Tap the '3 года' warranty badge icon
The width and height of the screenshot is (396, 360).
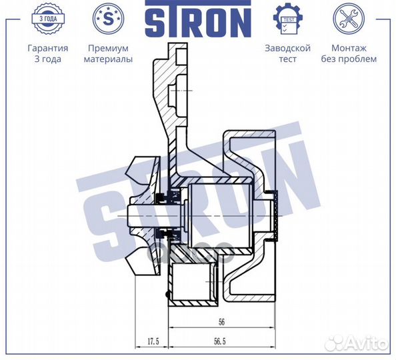click(47, 20)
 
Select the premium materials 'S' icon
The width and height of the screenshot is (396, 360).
click(108, 20)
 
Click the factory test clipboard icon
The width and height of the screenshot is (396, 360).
click(288, 20)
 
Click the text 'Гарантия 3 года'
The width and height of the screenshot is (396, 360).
click(47, 53)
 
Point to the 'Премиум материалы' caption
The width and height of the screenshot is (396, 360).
click(108, 53)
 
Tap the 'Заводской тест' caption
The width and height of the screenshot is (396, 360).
click(288, 53)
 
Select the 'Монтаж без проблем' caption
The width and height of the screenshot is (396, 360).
click(354, 53)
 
